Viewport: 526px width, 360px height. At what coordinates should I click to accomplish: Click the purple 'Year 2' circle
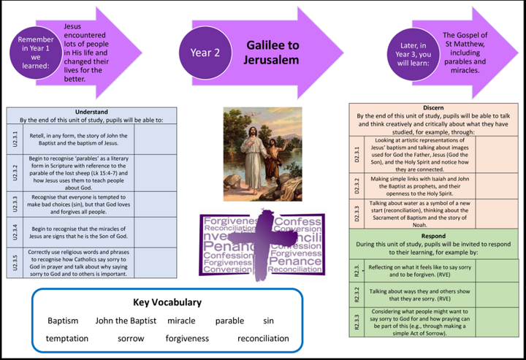coord(205,53)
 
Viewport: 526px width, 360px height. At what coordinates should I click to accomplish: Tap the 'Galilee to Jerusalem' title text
coord(272,53)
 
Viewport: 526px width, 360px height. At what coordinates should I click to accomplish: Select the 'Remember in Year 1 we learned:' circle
coord(36,53)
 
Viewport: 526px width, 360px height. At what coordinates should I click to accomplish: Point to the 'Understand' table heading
coord(91,112)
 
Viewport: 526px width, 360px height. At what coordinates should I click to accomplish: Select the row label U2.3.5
coord(15,259)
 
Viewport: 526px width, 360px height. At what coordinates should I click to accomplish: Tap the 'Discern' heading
coord(433,107)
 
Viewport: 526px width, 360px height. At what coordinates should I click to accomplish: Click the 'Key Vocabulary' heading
coord(167,302)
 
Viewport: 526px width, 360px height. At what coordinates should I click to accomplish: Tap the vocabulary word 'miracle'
coord(181,321)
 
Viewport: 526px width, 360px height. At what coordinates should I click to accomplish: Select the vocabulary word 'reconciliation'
coord(263,338)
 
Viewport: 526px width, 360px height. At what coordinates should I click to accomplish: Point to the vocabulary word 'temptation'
coord(66,338)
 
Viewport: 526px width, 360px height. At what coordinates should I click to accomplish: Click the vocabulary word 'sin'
coord(268,321)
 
